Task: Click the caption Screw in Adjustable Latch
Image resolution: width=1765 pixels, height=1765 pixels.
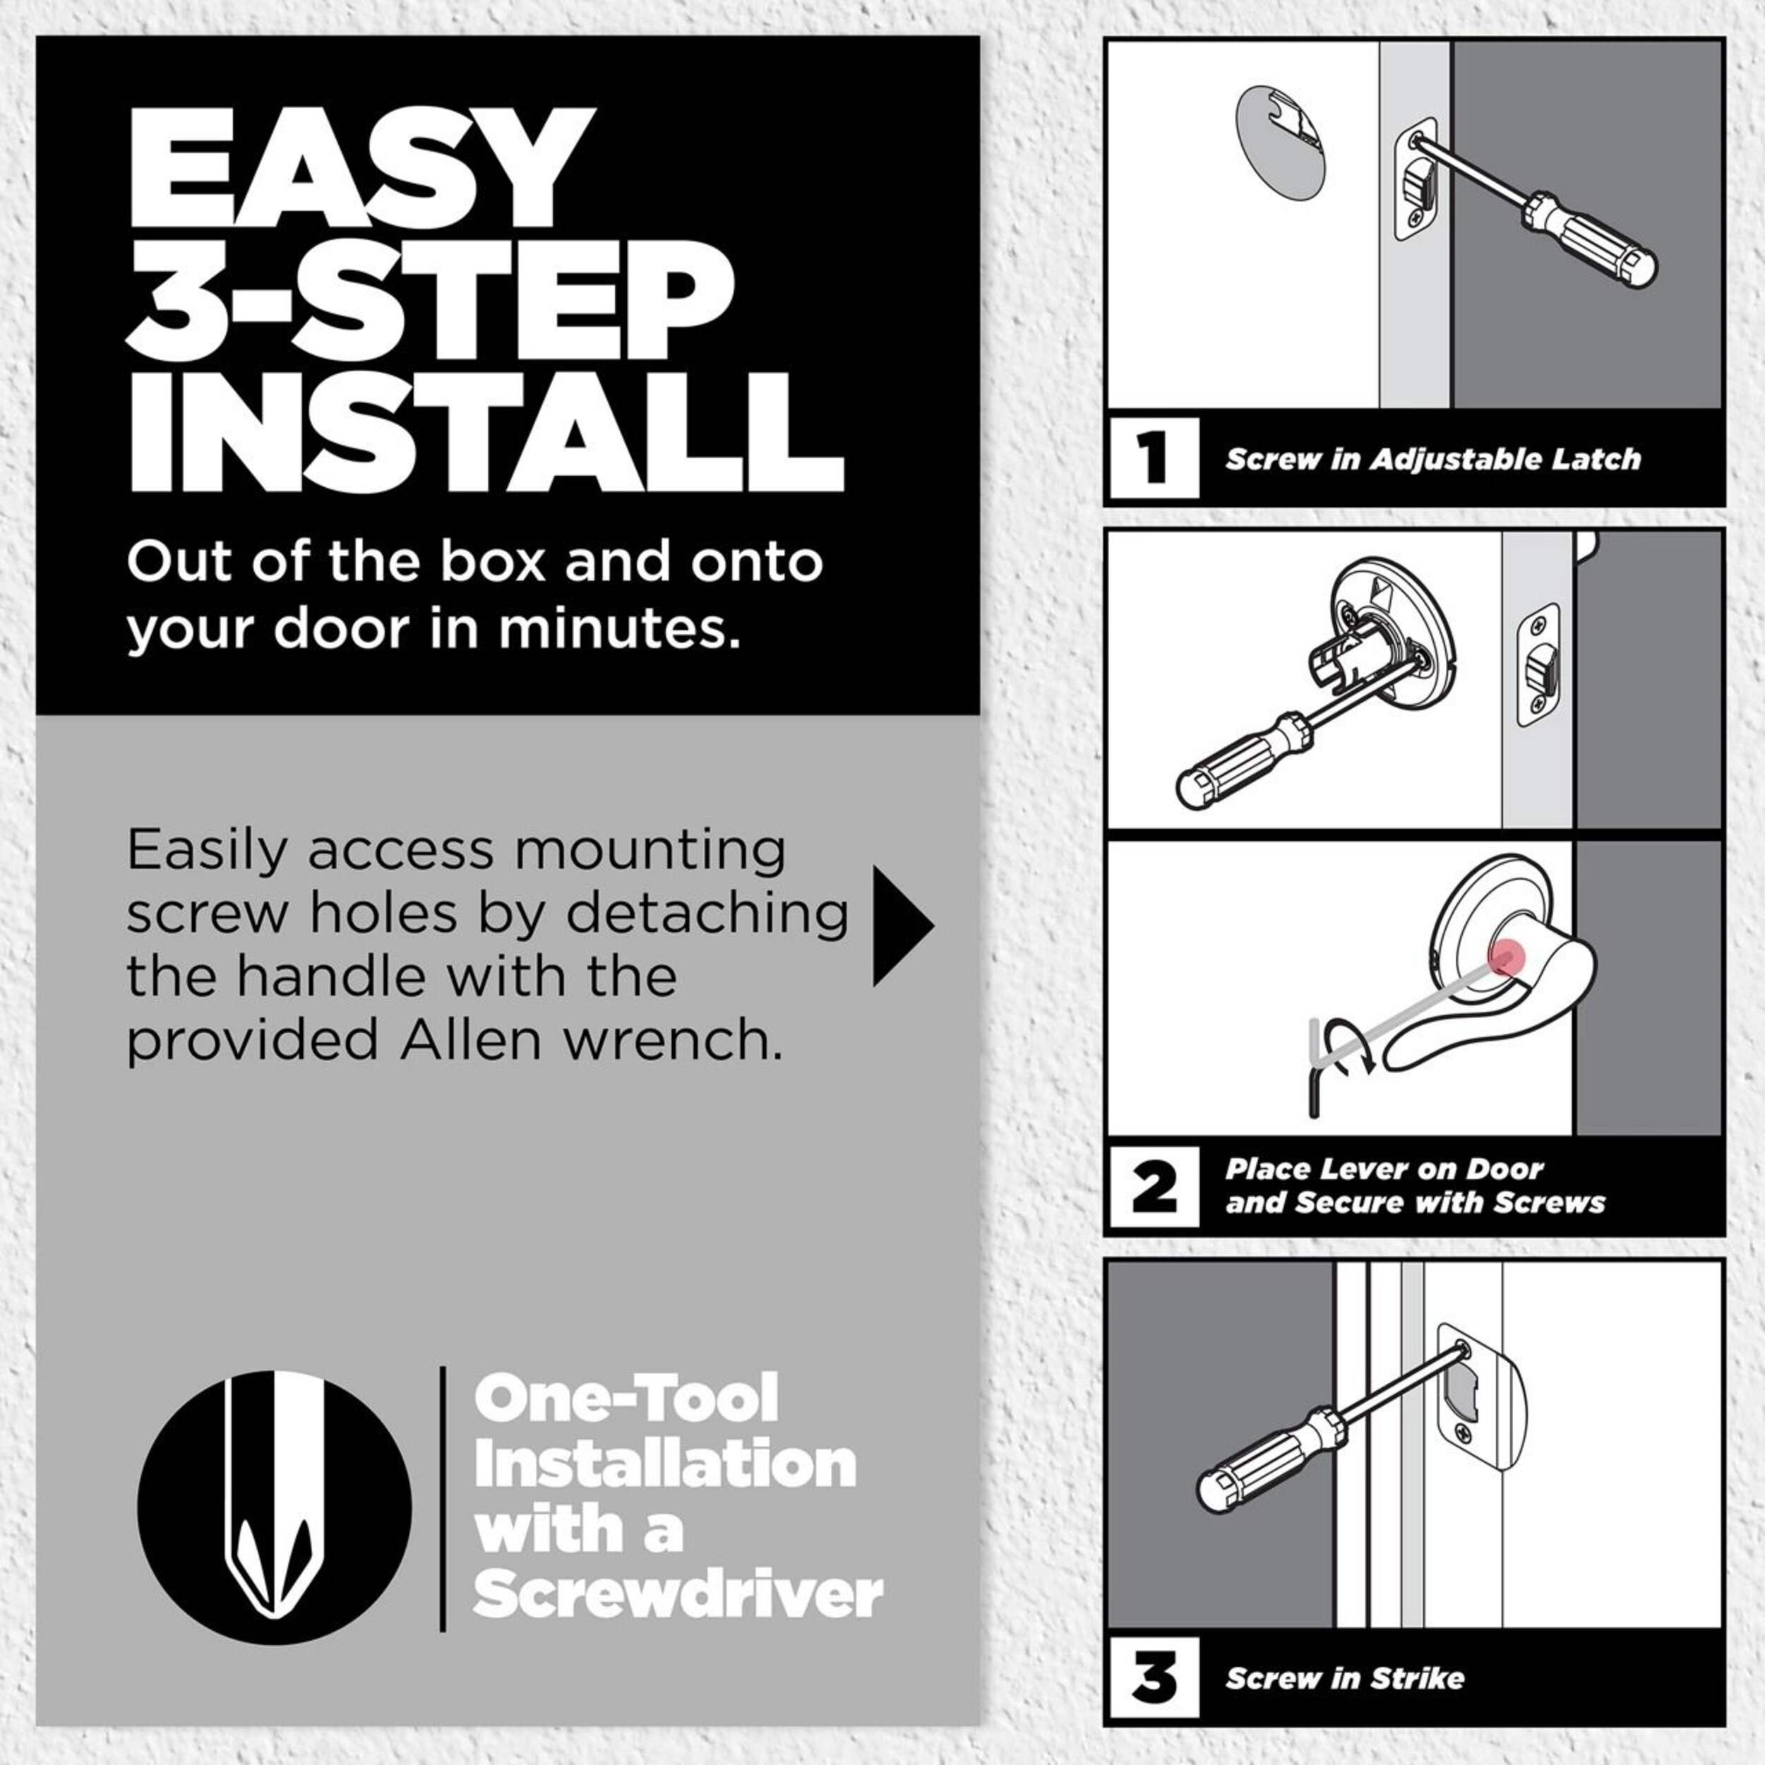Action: click(x=1432, y=459)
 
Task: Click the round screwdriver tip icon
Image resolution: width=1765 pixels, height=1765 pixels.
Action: click(x=274, y=1507)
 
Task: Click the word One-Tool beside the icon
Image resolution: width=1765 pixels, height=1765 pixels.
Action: click(x=626, y=1397)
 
